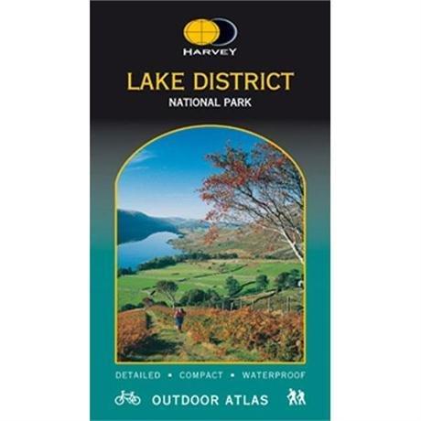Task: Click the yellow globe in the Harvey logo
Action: tap(200, 33)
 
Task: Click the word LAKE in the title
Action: tap(154, 81)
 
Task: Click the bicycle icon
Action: tap(127, 397)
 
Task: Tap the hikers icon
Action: tap(296, 396)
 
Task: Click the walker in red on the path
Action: tap(178, 318)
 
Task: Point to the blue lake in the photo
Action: tap(146, 249)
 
